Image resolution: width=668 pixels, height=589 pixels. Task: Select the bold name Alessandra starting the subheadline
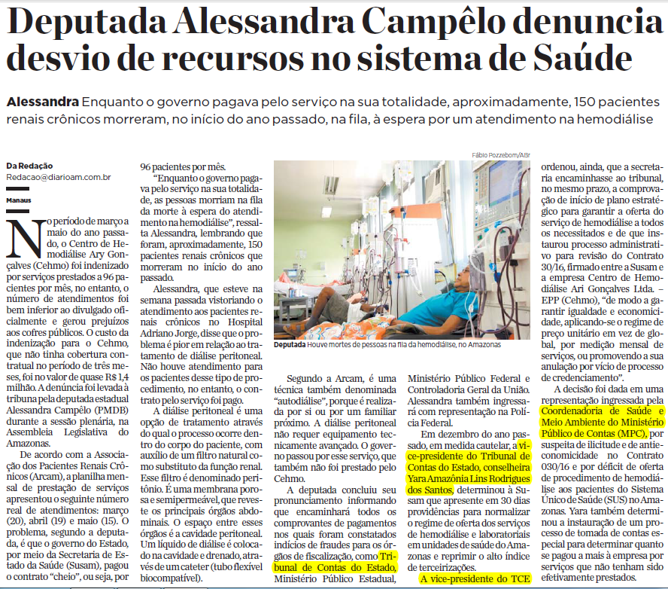tap(42, 102)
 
